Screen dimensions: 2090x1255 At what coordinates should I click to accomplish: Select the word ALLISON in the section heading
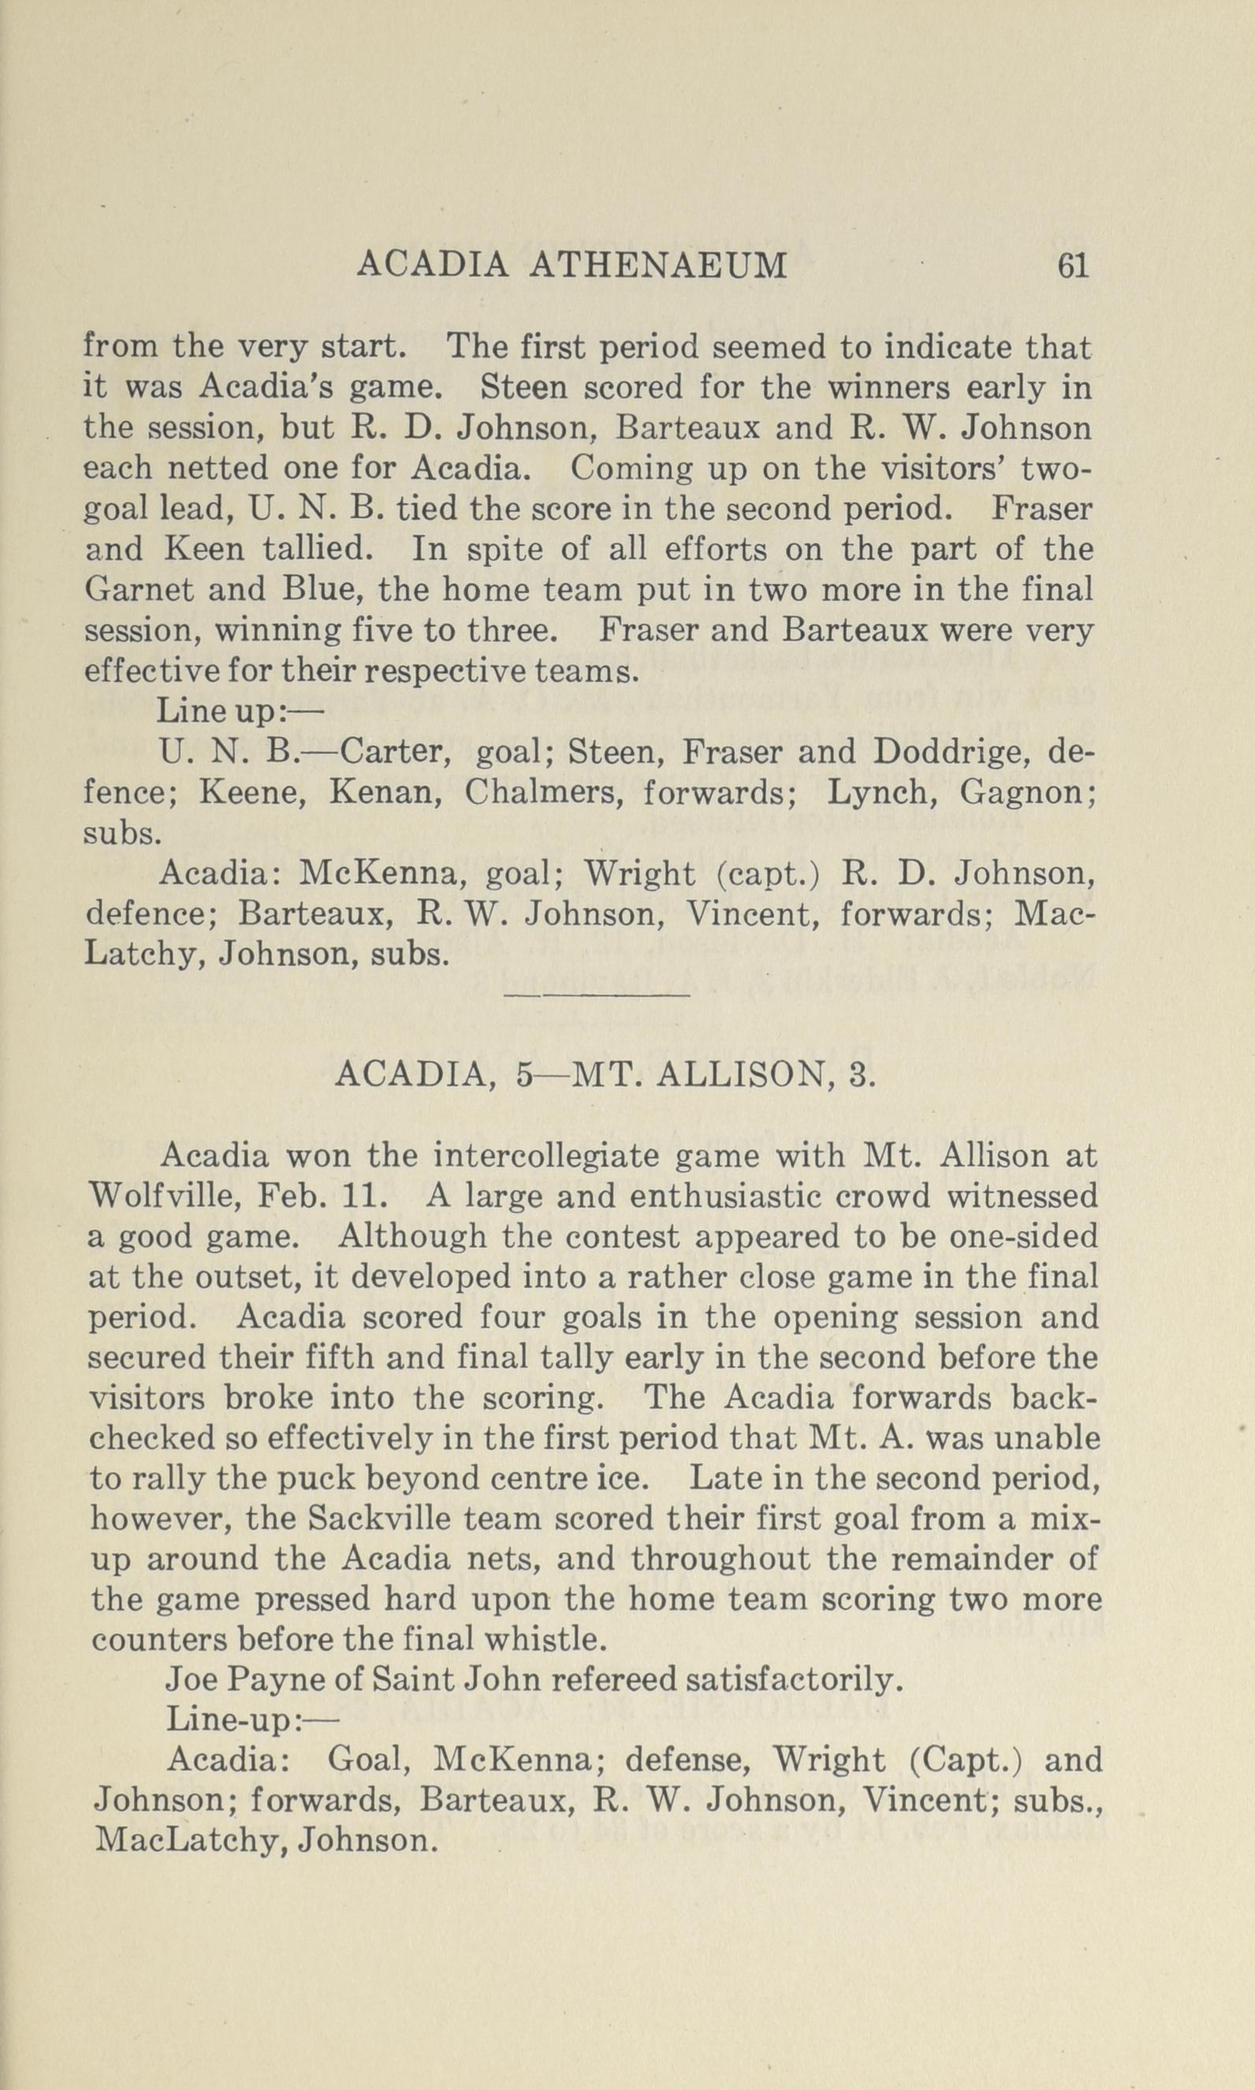pyautogui.click(x=741, y=1075)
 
